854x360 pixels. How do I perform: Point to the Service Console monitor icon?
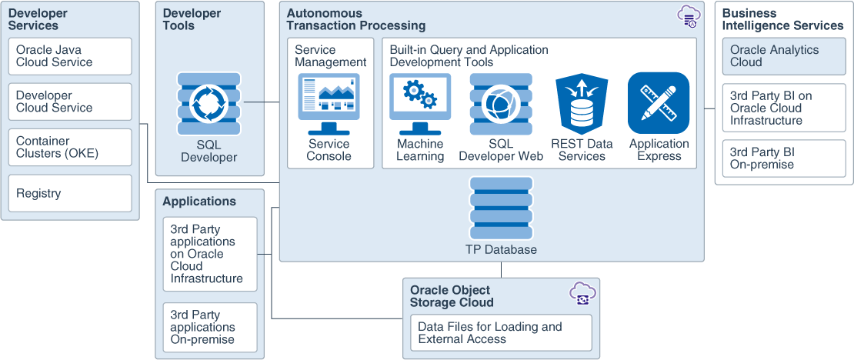pos(329,104)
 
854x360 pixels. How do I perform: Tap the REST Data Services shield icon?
pos(582,105)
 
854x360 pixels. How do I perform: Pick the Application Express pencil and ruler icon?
pos(659,103)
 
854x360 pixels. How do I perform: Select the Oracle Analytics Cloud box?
pos(784,56)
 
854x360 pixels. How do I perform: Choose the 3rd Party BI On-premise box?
pos(784,158)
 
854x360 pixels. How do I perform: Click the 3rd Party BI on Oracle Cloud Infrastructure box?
pos(784,108)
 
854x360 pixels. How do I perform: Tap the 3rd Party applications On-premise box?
pos(209,327)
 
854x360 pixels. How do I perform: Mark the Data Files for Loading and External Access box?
pos(501,332)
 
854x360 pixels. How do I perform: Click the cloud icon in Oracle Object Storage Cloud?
pos(582,293)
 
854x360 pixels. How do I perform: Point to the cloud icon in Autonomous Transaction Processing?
pos(688,17)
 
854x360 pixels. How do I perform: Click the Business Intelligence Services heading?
pos(782,19)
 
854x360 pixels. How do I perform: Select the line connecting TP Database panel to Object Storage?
pos(501,269)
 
